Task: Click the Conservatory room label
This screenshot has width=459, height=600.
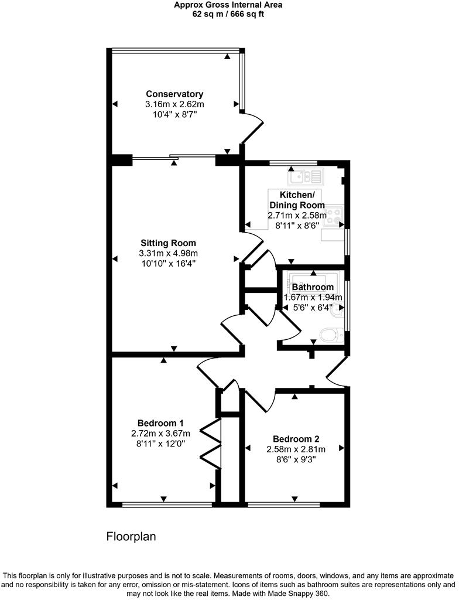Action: click(x=174, y=94)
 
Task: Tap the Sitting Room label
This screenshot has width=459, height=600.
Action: click(x=168, y=243)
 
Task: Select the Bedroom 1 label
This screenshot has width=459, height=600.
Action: click(x=160, y=423)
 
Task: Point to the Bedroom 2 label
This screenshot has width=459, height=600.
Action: click(x=296, y=439)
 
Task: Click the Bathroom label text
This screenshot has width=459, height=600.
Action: click(x=313, y=287)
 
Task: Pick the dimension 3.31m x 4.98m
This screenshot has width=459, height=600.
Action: click(x=168, y=253)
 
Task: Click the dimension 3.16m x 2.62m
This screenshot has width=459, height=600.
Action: click(x=174, y=104)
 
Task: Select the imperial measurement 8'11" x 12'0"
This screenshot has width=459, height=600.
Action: click(x=160, y=444)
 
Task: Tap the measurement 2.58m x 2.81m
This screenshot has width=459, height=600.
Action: click(x=296, y=449)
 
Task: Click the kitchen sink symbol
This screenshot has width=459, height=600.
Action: click(x=305, y=175)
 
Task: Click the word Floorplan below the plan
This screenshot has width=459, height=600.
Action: click(x=131, y=536)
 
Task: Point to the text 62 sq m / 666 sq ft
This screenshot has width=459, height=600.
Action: click(x=228, y=14)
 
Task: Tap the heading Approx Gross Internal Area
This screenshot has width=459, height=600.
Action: click(x=228, y=5)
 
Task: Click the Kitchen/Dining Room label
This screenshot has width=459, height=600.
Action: click(x=297, y=200)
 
